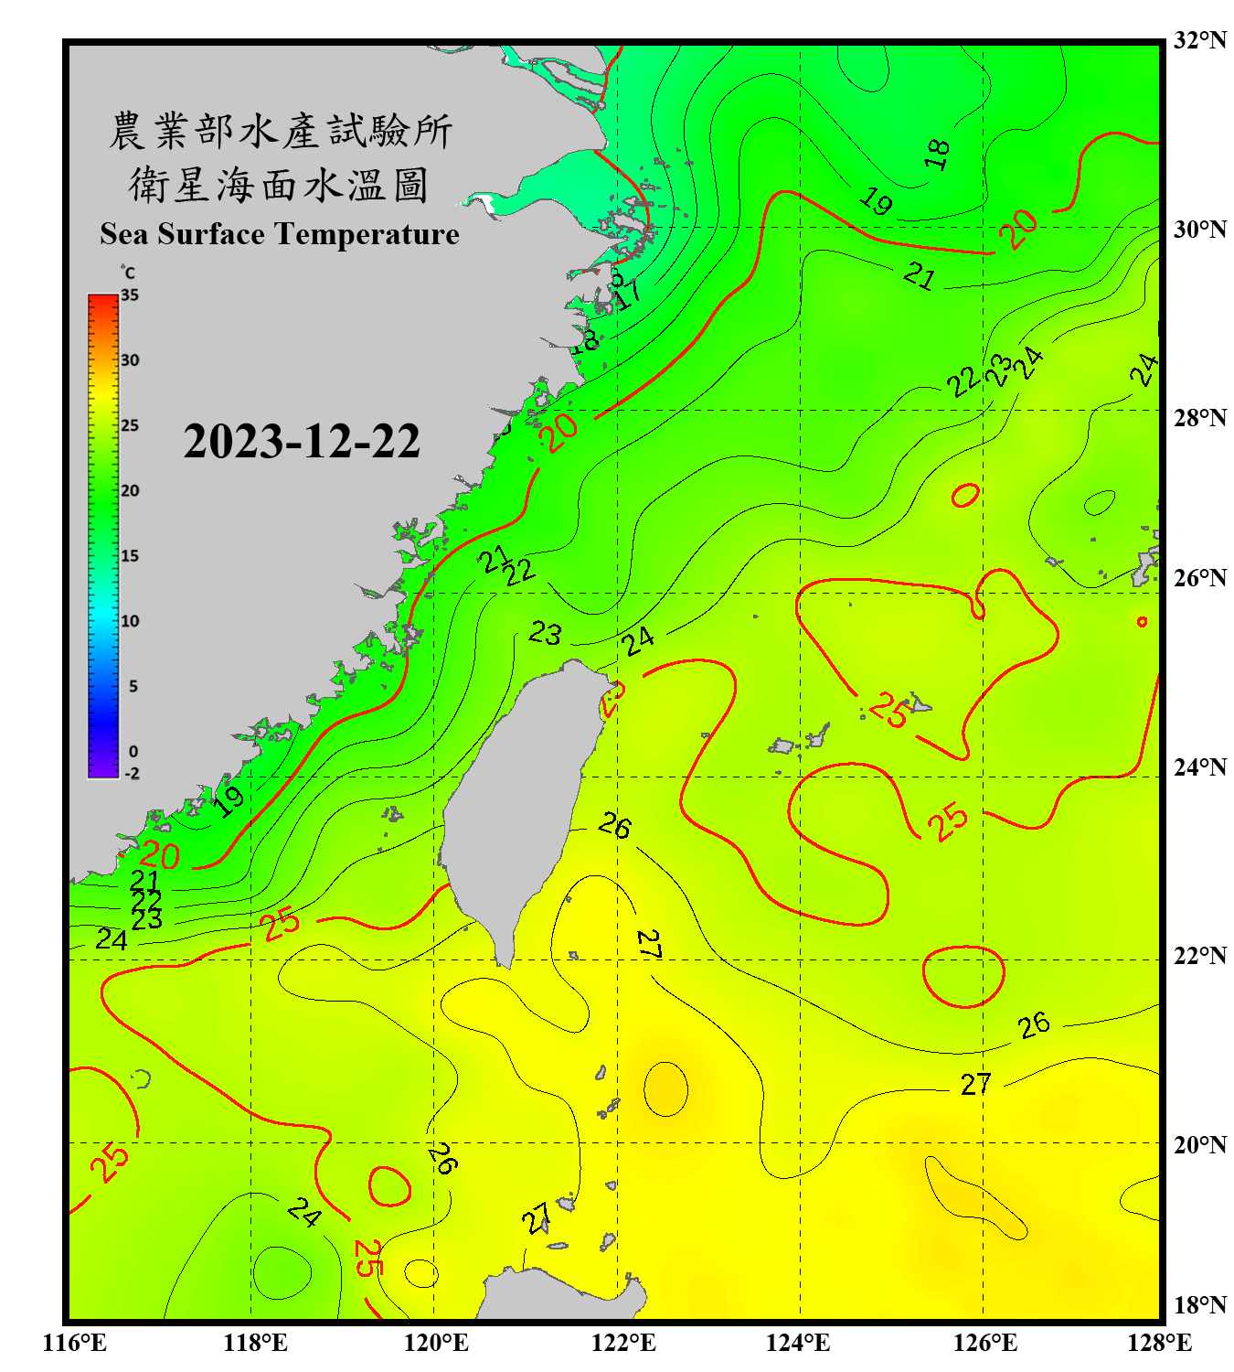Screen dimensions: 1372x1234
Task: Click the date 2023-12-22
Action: [x=302, y=442]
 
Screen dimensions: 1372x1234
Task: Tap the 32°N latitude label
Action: [x=1199, y=40]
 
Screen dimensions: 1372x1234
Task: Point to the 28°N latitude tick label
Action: [x=1199, y=418]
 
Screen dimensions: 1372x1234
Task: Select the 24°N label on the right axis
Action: [x=1199, y=767]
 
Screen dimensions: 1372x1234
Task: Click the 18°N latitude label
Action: [x=1199, y=1305]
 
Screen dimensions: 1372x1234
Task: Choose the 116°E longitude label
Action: [x=75, y=1343]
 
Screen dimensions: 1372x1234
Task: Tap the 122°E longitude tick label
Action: [x=623, y=1343]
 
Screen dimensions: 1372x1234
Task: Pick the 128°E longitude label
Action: [x=1159, y=1343]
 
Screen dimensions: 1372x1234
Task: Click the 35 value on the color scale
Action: [x=130, y=295]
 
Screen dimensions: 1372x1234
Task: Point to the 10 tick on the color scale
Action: [x=130, y=621]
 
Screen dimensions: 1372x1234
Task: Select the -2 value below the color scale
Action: [x=132, y=774]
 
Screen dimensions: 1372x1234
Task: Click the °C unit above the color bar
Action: [x=128, y=273]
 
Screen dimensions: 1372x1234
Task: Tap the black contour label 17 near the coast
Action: [x=628, y=295]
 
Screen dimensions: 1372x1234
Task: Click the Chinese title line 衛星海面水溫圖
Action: [x=279, y=185]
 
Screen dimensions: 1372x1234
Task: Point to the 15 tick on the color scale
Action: [x=130, y=556]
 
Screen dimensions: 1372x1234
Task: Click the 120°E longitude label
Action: [x=436, y=1343]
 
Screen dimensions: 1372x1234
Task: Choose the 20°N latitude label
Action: [x=1199, y=1144]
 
